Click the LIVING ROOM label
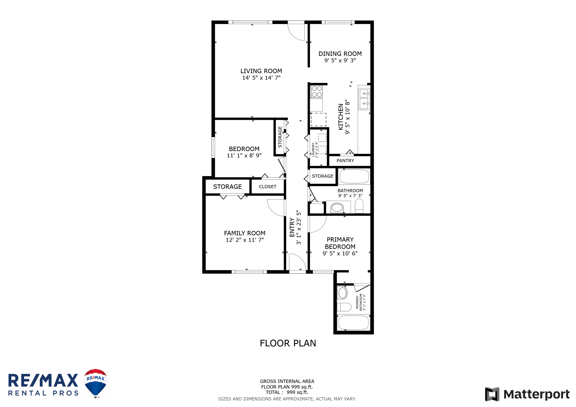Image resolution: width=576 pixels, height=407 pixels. (x=261, y=71)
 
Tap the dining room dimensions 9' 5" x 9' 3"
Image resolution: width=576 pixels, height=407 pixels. (x=340, y=60)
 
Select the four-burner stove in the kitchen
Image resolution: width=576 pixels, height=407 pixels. (x=317, y=92)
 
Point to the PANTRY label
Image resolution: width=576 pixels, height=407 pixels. (x=345, y=161)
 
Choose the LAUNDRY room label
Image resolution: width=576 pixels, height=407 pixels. (x=313, y=150)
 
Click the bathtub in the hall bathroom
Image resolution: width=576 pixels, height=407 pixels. (x=354, y=176)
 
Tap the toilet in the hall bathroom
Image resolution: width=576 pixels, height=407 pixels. (x=359, y=206)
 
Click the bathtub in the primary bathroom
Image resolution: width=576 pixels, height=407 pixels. (x=353, y=322)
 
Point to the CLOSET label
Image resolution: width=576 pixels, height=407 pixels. (x=268, y=187)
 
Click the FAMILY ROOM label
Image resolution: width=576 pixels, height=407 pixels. (x=245, y=233)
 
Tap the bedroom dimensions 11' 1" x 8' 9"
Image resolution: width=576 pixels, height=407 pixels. (x=244, y=155)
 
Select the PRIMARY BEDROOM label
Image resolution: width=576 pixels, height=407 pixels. (x=340, y=243)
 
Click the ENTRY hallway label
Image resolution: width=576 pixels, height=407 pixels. (x=292, y=227)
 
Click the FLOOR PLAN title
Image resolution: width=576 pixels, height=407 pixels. (x=288, y=343)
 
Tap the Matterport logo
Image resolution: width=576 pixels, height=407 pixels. (x=527, y=394)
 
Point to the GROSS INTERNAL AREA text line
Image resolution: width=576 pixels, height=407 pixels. (x=287, y=381)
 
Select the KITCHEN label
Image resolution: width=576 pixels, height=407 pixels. (x=340, y=117)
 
